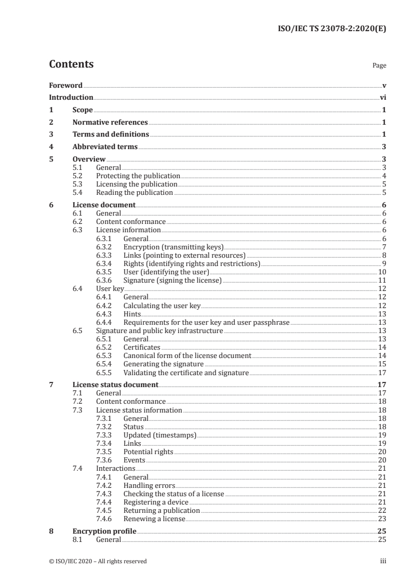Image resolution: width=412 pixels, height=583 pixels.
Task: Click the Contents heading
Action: (71, 65)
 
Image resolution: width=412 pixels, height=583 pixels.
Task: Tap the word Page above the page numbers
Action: (379, 66)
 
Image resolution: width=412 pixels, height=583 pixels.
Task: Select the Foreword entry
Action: (65, 86)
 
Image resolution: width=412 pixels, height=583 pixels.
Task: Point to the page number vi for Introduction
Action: (382, 98)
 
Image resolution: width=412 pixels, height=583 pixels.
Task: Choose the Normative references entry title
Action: (110, 123)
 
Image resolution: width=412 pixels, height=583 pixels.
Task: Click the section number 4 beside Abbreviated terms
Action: (51, 147)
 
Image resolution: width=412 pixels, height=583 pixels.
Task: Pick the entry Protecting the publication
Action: (138, 176)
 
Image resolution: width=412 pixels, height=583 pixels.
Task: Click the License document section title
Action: (104, 205)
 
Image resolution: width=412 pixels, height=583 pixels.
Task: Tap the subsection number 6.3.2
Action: (107, 247)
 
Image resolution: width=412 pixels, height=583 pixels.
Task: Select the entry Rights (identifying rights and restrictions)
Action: (192, 264)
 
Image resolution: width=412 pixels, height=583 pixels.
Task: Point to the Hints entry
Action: (132, 314)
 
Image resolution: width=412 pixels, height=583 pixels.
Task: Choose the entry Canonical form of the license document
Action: (187, 356)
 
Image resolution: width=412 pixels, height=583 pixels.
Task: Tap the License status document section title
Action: (115, 385)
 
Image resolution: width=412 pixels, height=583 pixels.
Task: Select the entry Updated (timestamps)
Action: (160, 435)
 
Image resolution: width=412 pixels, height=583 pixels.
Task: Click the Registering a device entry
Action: (156, 502)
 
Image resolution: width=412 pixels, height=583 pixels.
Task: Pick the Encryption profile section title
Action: (104, 532)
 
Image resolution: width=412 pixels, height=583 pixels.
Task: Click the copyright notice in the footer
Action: (98, 561)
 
